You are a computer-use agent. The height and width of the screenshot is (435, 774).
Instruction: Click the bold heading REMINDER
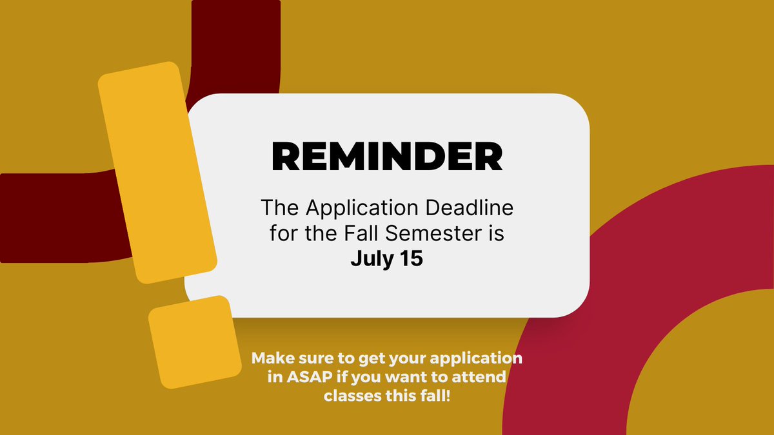click(386, 156)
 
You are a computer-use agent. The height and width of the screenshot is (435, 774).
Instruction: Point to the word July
click(372, 258)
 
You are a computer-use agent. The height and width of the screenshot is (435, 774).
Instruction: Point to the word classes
click(353, 393)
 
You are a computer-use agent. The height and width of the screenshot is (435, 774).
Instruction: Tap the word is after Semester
click(493, 233)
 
